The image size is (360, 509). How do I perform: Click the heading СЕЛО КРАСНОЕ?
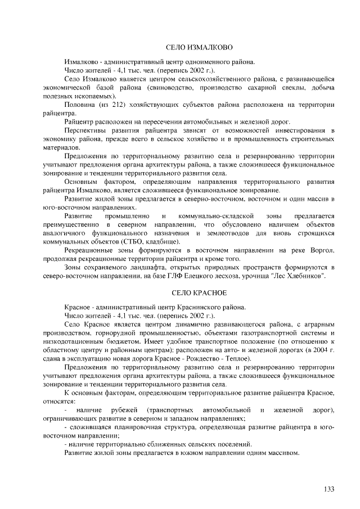pyautogui.click(x=198, y=294)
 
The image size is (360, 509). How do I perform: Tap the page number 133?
pyautogui.click(x=329, y=488)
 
